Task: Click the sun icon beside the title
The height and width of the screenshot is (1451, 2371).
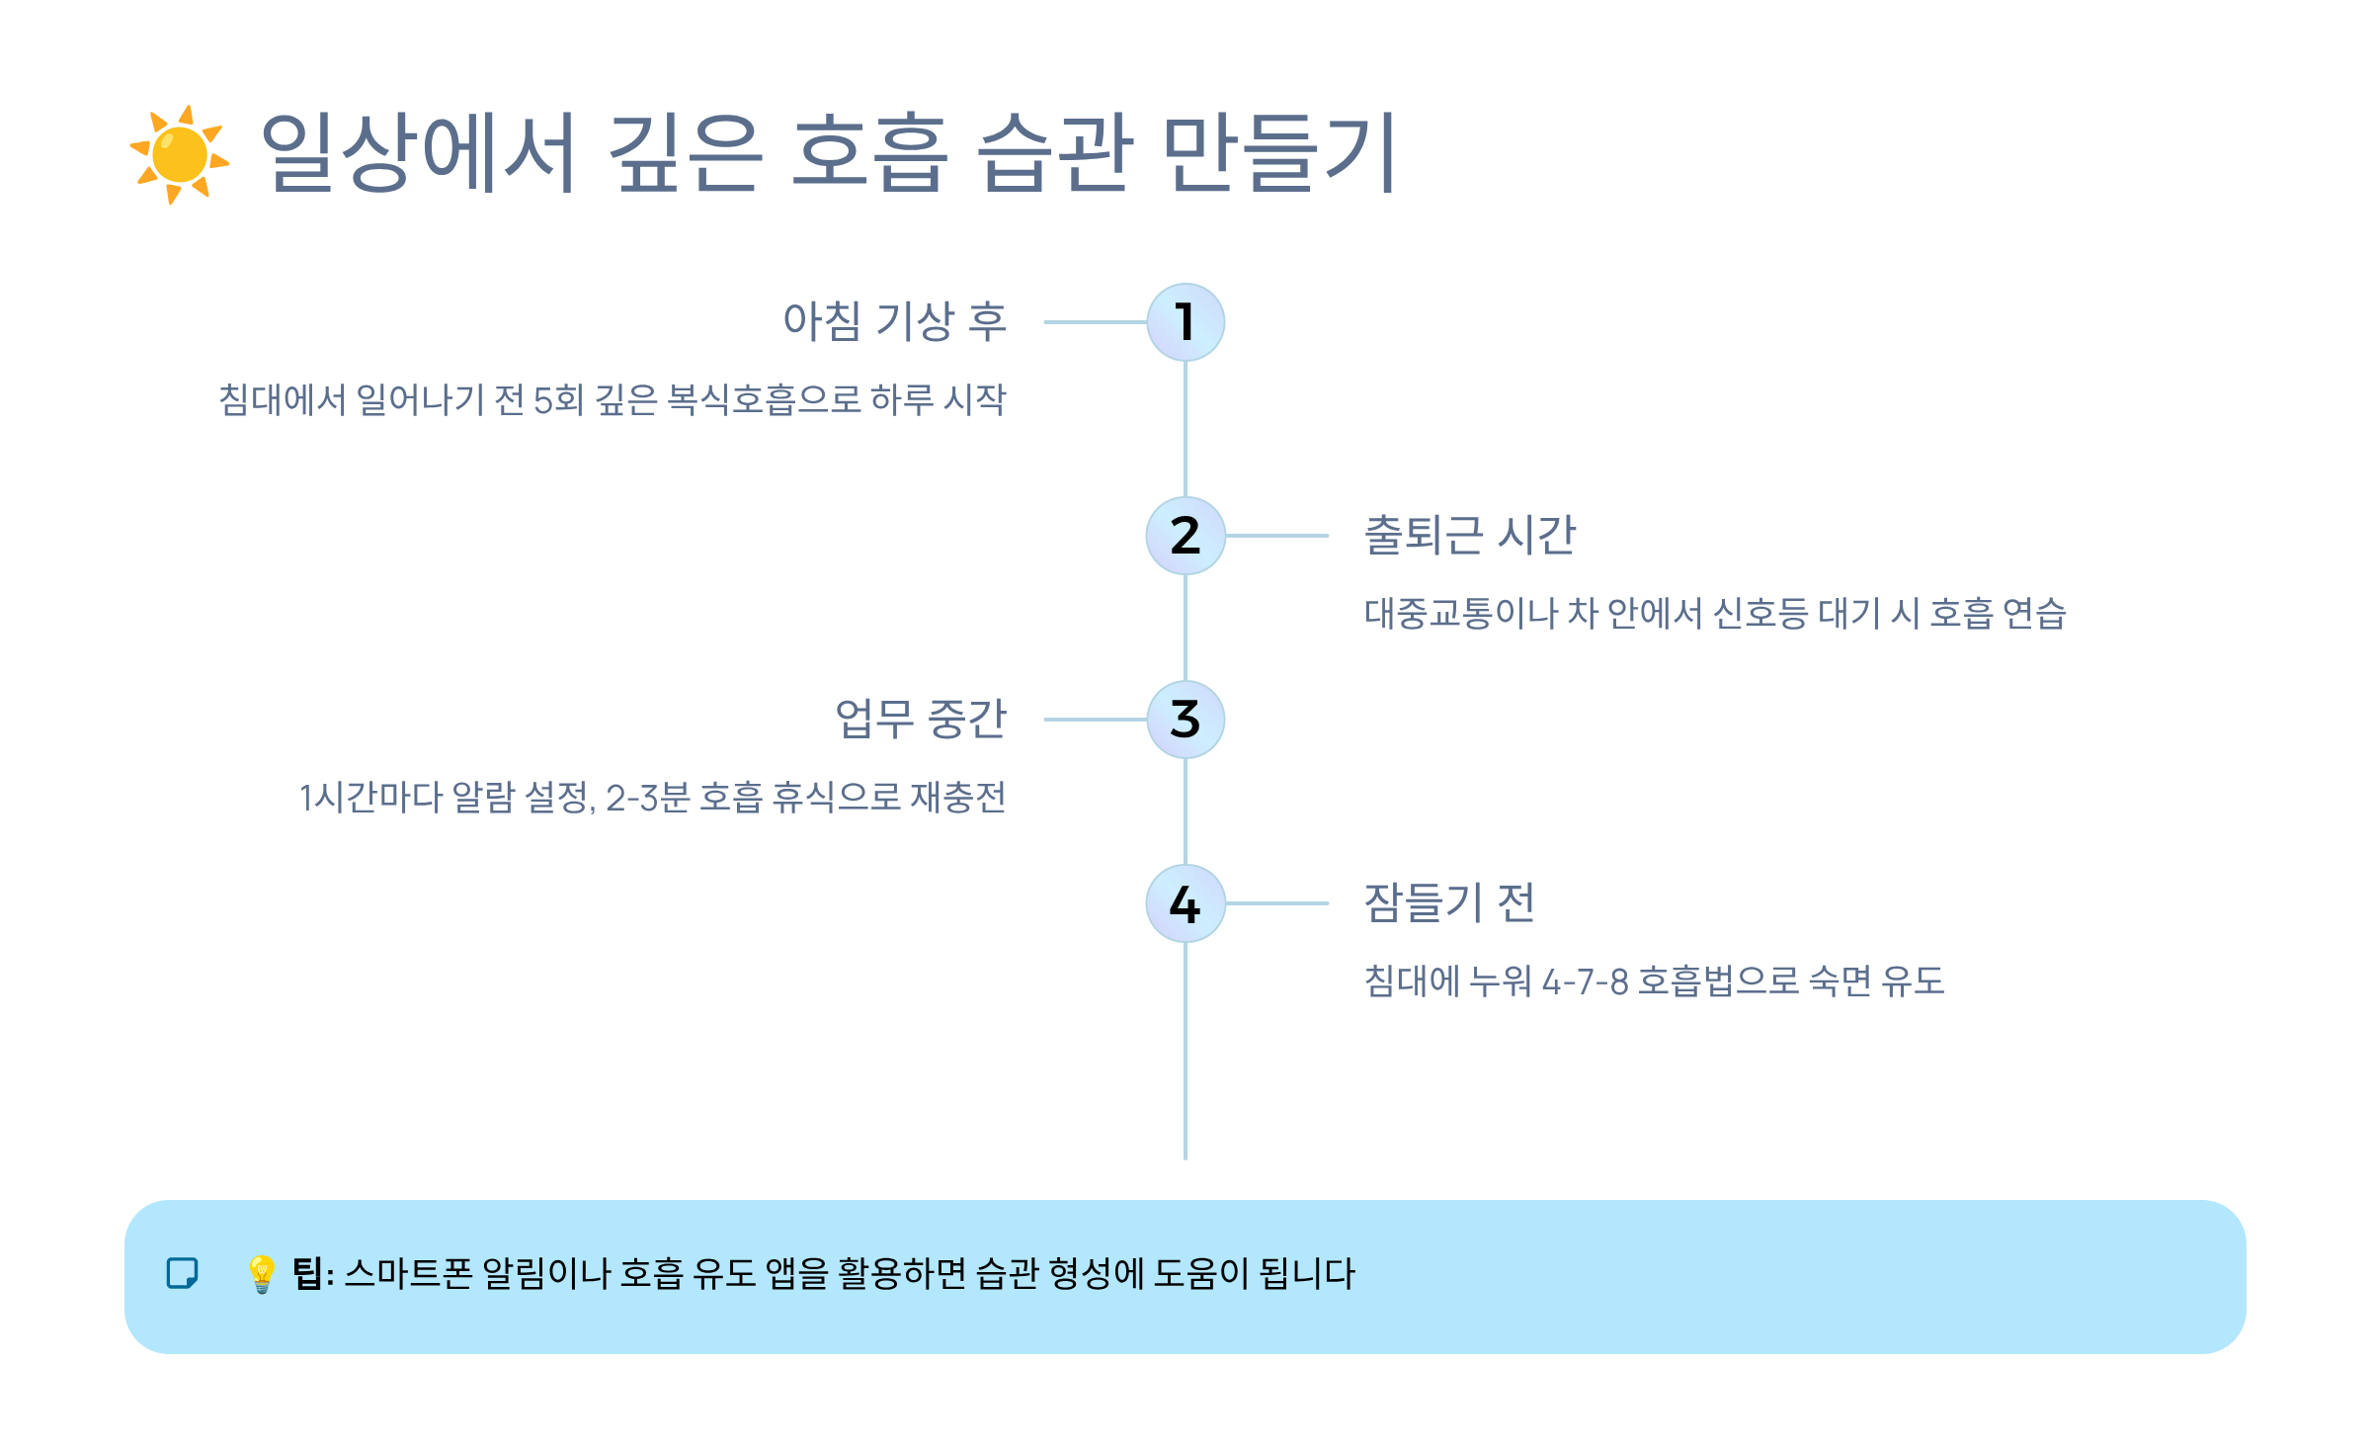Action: [x=180, y=154]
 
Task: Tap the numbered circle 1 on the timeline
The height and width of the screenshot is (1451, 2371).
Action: [x=1185, y=322]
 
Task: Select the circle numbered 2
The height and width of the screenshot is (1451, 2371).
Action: [x=1185, y=536]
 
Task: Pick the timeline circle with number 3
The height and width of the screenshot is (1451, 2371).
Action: [x=1185, y=720]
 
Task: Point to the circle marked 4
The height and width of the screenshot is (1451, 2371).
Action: [x=1185, y=903]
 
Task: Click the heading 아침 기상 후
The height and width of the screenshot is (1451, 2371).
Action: [x=894, y=321]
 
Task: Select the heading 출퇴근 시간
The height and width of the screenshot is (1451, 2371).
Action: [x=1469, y=536]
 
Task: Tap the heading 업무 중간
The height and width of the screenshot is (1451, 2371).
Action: [x=920, y=719]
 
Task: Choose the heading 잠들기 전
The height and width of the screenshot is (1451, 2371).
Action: [x=1448, y=902]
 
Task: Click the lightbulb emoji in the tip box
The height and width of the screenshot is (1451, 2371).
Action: [x=261, y=1274]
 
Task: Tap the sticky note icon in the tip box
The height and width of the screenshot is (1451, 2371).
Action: [x=182, y=1273]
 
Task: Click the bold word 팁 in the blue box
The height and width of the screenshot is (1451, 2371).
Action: [x=307, y=1273]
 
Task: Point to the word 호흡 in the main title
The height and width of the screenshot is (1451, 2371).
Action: [x=869, y=152]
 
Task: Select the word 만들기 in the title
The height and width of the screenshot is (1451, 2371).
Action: [x=1278, y=152]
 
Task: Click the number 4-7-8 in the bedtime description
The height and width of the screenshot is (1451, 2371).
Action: [x=1585, y=982]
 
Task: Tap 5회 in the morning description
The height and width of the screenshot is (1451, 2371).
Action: [x=558, y=400]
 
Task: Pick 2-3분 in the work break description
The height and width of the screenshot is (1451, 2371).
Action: [x=647, y=798]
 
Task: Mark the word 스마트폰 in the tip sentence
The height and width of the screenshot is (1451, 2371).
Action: [x=409, y=1273]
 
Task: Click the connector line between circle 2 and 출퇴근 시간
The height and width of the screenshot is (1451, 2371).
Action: [x=1276, y=536]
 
